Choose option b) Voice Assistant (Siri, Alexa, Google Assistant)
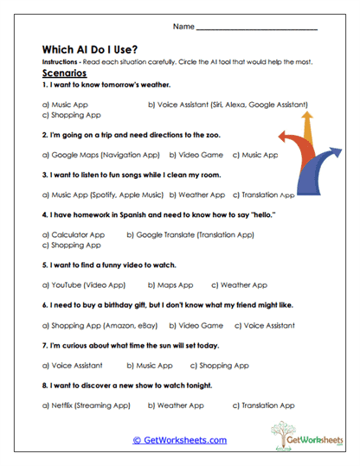[228, 104]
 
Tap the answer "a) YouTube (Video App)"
[84, 284]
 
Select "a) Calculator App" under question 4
[74, 234]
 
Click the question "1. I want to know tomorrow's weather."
[106, 86]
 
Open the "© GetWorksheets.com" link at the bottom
[180, 440]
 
